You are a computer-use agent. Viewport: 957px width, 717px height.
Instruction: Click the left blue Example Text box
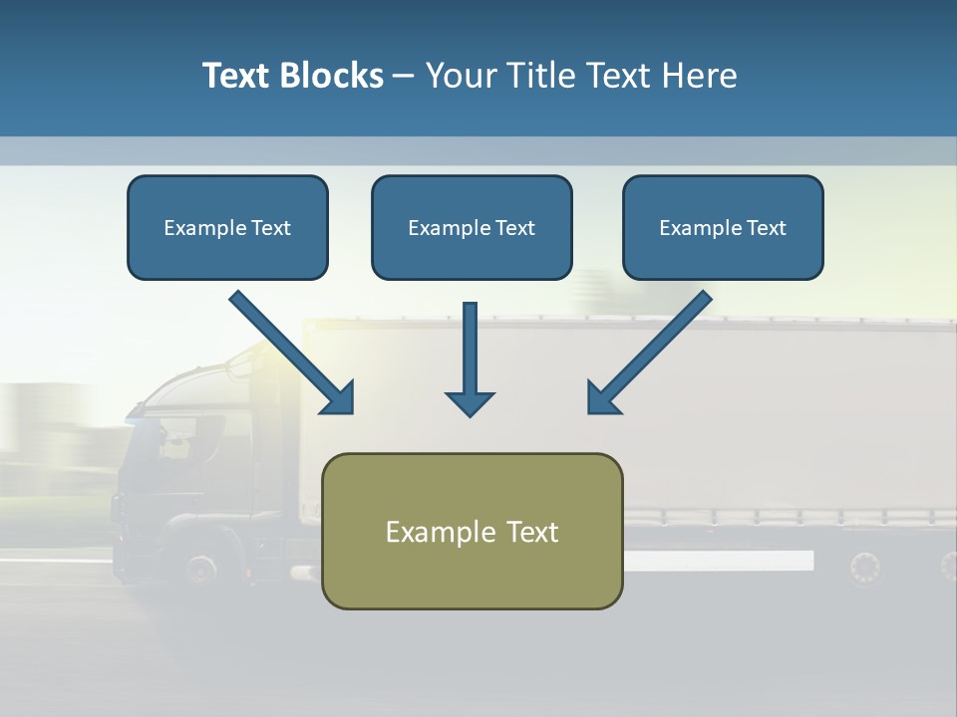tap(227, 227)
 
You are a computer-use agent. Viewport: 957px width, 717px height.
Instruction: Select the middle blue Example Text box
tap(472, 227)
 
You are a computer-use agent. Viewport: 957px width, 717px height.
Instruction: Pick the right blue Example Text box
tap(723, 227)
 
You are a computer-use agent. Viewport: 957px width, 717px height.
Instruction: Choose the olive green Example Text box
tap(472, 531)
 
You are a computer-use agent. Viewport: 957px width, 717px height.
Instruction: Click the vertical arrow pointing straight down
tap(470, 358)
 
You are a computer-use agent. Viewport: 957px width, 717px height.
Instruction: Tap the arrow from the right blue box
tap(649, 353)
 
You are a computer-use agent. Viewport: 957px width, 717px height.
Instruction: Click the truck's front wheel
tap(200, 569)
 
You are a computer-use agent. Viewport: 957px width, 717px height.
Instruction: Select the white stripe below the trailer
tap(718, 561)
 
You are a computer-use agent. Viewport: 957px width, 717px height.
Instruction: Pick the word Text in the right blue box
tap(767, 227)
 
